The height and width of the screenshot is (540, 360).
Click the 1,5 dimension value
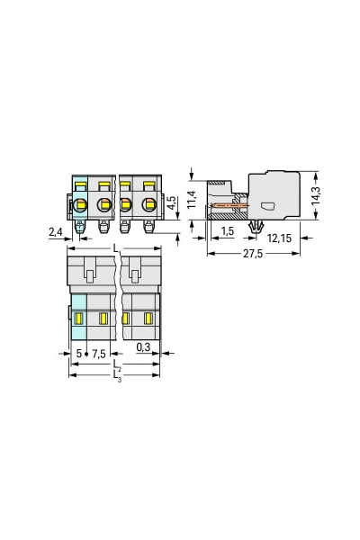[228, 232]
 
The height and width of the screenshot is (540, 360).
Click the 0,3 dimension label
[142, 346]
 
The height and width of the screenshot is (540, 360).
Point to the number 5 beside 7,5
[78, 354]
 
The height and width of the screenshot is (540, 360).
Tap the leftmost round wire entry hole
[80, 206]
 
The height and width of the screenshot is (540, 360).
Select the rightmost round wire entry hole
[146, 206]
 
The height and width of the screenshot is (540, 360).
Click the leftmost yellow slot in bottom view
[78, 319]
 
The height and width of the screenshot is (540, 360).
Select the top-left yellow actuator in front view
[79, 186]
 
